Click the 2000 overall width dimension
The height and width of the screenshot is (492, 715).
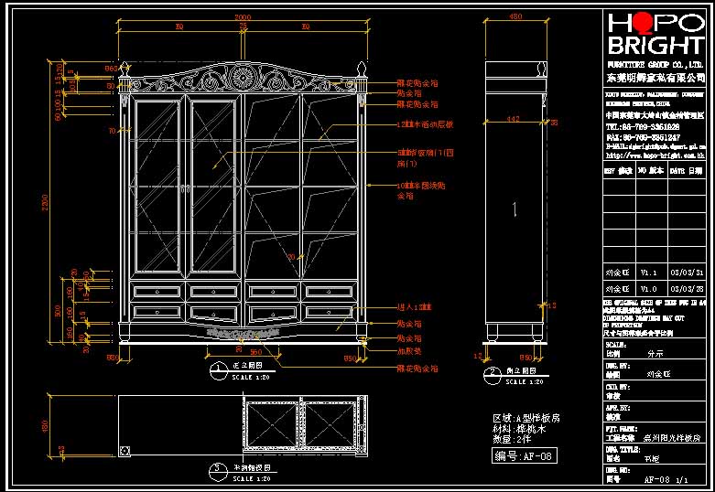(243, 18)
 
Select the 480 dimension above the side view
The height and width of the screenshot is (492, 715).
(515, 17)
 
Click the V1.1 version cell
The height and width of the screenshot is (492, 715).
(648, 273)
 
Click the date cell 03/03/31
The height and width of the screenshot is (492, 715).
(687, 273)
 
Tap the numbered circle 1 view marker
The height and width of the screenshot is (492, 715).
(219, 369)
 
